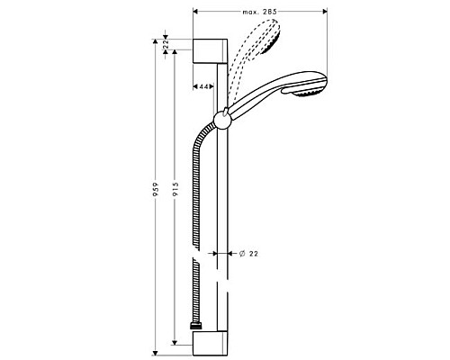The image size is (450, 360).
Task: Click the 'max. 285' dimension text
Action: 261,12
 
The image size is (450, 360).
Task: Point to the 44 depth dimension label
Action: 204,85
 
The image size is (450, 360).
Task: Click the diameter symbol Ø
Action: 240,255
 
